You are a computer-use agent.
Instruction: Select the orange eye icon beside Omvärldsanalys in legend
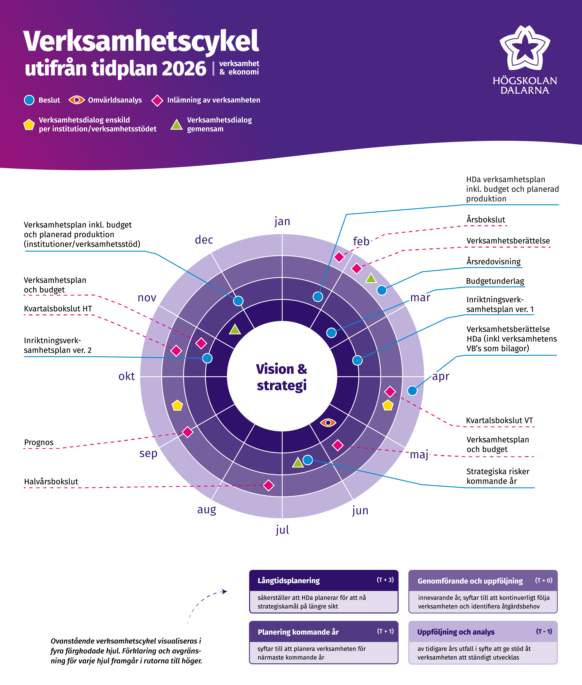(x=76, y=100)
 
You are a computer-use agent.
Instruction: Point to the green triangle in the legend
(x=176, y=125)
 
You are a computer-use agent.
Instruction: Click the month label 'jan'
(x=282, y=221)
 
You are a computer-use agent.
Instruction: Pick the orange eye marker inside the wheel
(x=328, y=422)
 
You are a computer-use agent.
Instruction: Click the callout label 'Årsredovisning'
(x=493, y=262)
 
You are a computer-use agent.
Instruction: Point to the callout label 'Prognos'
(x=39, y=442)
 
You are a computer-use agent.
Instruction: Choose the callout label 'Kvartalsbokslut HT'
(x=58, y=309)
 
